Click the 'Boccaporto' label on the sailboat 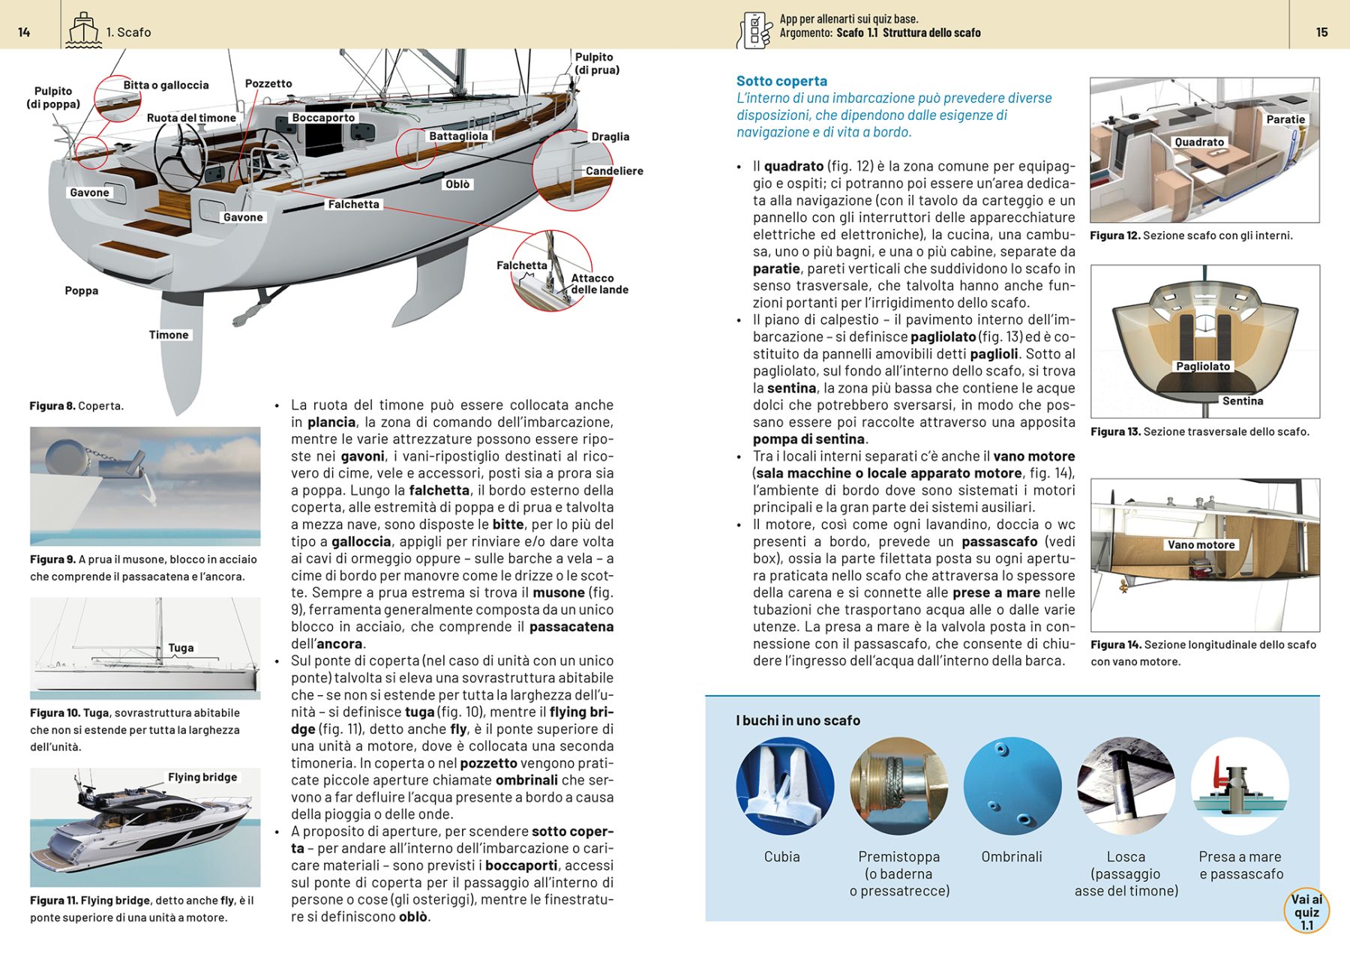323,118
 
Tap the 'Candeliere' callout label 613,171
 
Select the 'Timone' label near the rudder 169,335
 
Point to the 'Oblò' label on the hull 457,184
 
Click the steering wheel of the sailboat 180,154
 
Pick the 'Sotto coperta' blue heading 781,81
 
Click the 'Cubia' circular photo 784,787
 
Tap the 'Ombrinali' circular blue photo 1012,787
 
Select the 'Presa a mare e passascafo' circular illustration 1239,787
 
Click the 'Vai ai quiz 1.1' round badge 1306,912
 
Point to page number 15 1321,32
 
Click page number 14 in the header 24,32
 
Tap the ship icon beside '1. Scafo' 82,31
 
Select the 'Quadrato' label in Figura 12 1199,142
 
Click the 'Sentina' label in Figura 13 1243,401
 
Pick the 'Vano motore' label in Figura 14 1201,545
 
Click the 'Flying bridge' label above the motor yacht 202,778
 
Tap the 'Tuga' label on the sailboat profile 181,648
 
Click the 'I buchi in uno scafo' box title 798,721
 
